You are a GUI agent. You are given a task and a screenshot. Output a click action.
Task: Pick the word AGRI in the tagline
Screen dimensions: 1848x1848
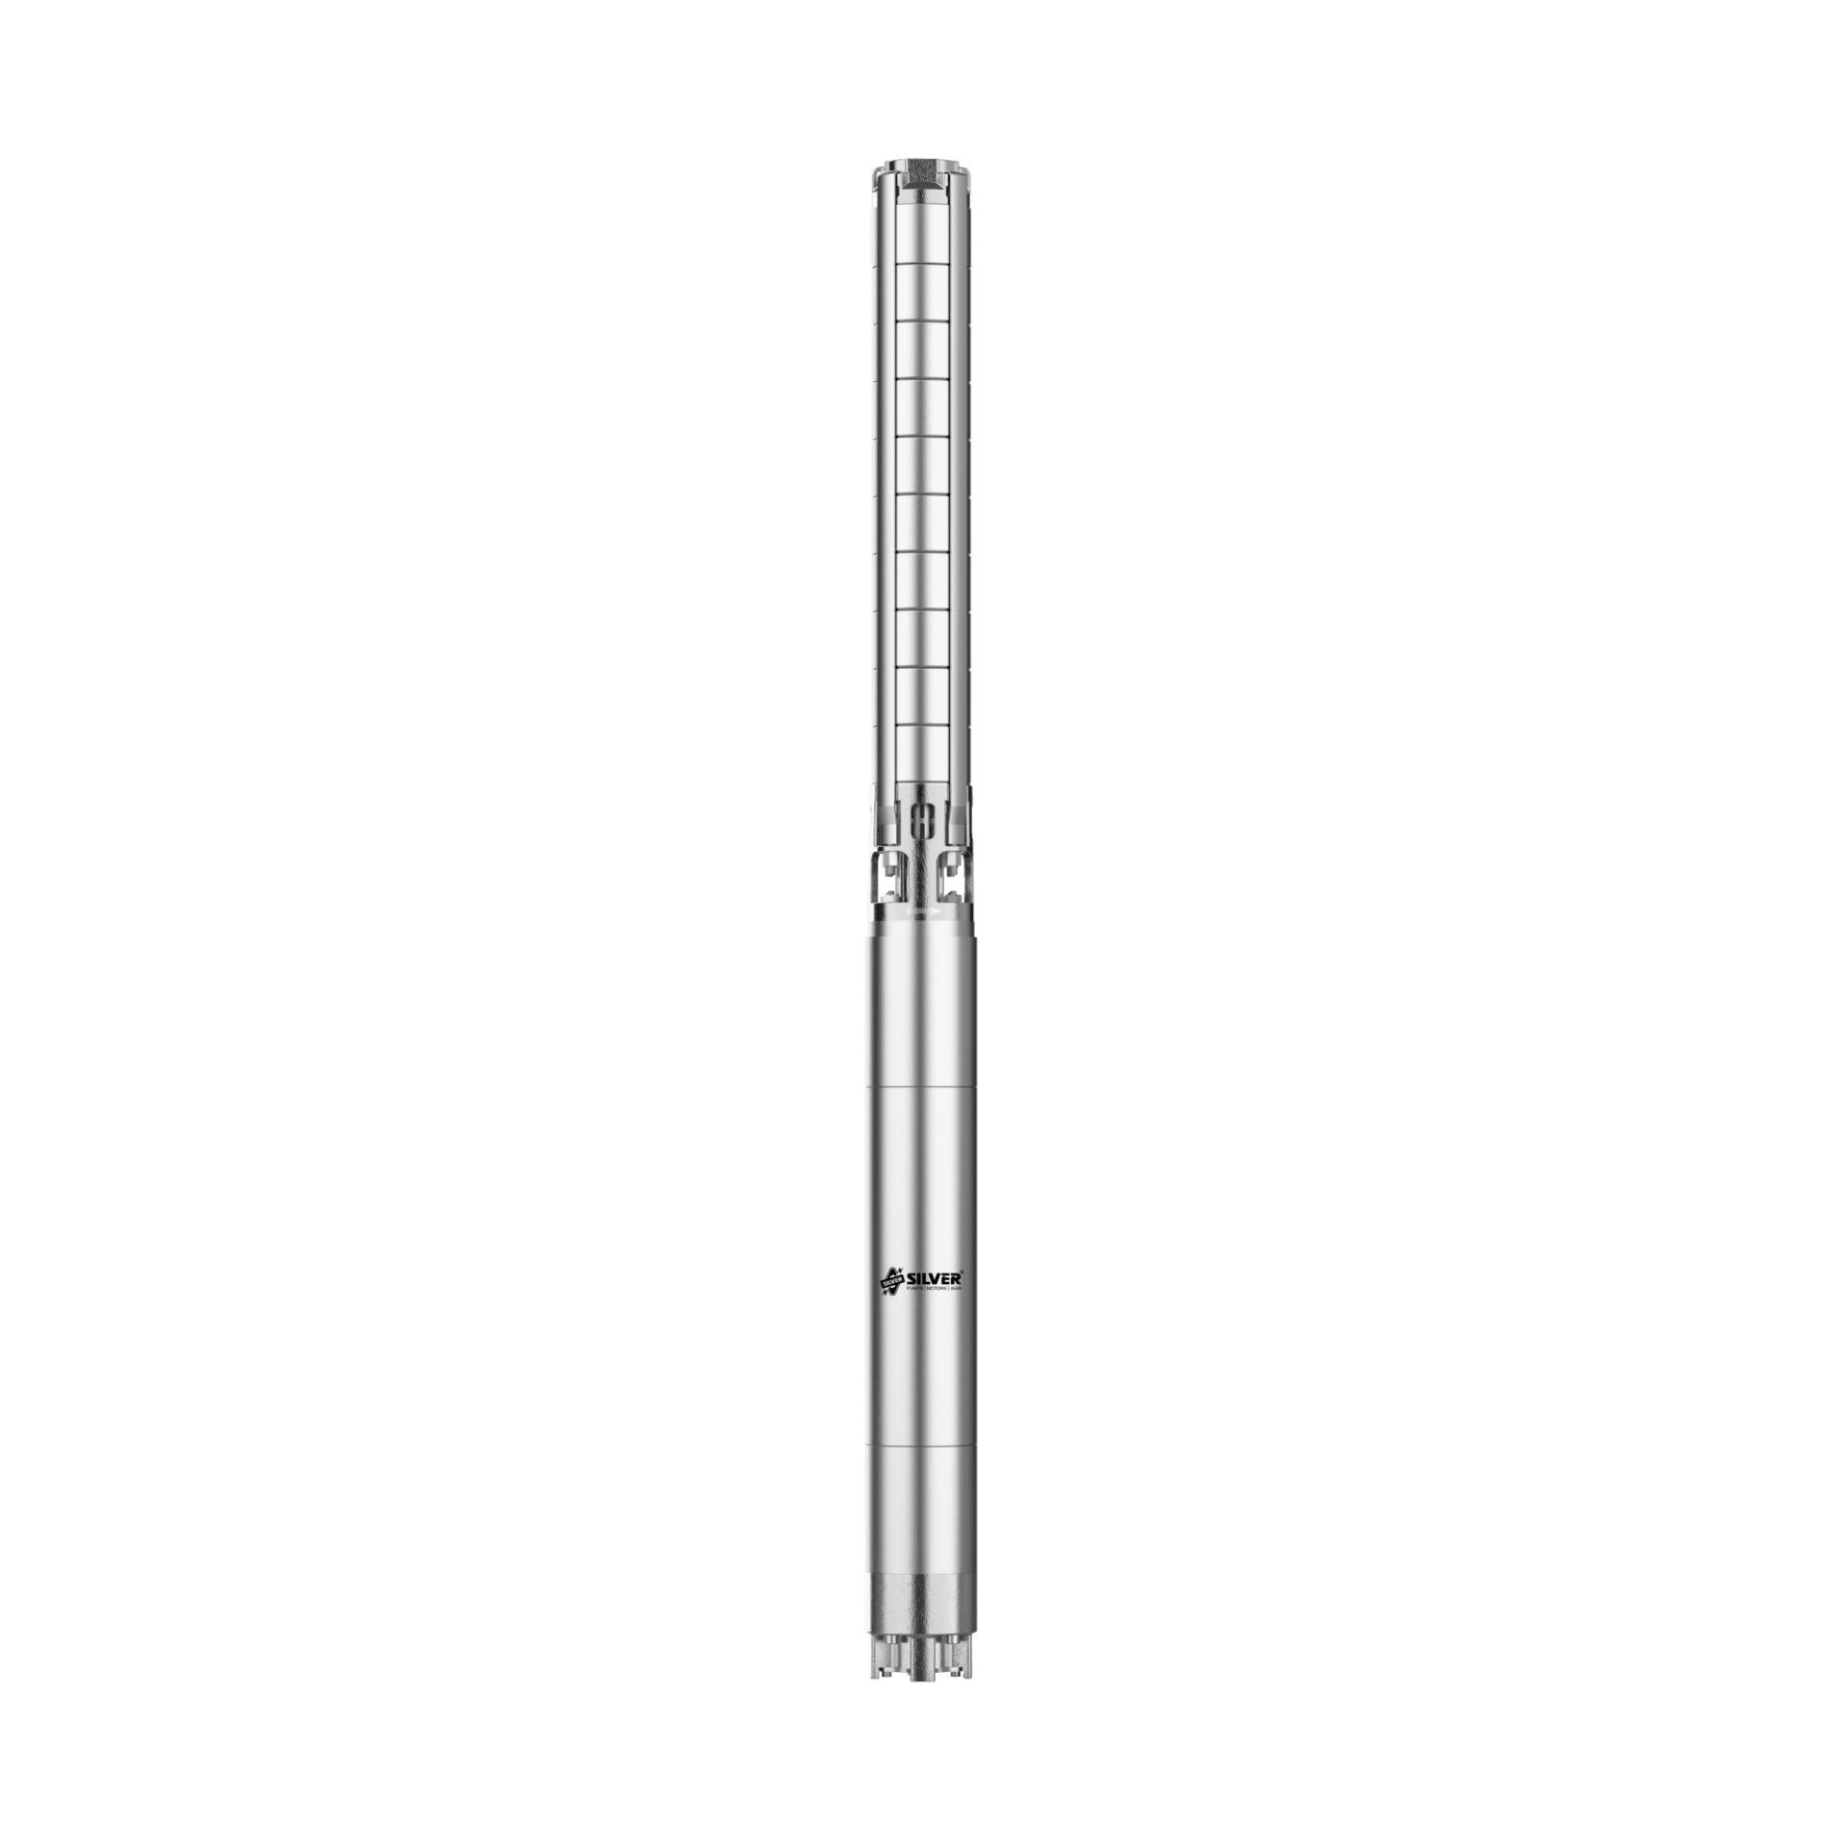click(957, 1288)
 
